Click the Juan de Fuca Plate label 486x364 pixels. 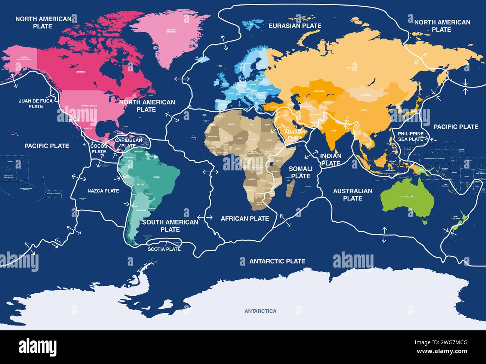pyautogui.click(x=36, y=104)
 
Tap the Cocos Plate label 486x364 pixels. pyautogui.click(x=99, y=149)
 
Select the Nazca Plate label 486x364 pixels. pyautogui.click(x=103, y=191)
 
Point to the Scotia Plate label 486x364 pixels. pyautogui.click(x=164, y=249)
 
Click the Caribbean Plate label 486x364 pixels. pyautogui.click(x=128, y=143)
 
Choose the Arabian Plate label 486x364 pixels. pyautogui.click(x=295, y=135)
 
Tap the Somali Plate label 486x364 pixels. pyautogui.click(x=301, y=172)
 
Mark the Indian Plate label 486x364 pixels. pyautogui.click(x=331, y=160)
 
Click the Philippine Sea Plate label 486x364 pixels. pyautogui.click(x=410, y=136)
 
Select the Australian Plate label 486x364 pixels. pyautogui.click(x=353, y=194)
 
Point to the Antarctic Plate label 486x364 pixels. pyautogui.click(x=277, y=261)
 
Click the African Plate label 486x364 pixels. pyautogui.click(x=244, y=219)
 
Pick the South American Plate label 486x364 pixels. pyautogui.click(x=170, y=225)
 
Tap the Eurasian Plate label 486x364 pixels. pyautogui.click(x=295, y=26)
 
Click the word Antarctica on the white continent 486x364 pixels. pyautogui.click(x=260, y=311)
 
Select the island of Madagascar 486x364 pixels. pyautogui.click(x=290, y=188)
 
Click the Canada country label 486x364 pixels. pyautogui.click(x=81, y=72)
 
